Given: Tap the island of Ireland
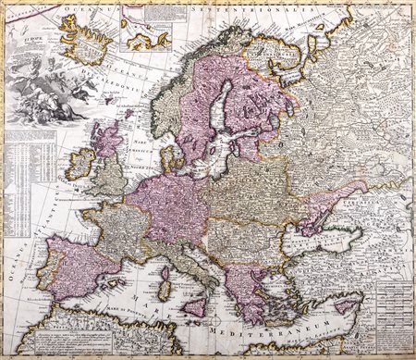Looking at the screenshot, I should tap(82, 166).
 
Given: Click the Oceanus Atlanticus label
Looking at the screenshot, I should tap(18, 241).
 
